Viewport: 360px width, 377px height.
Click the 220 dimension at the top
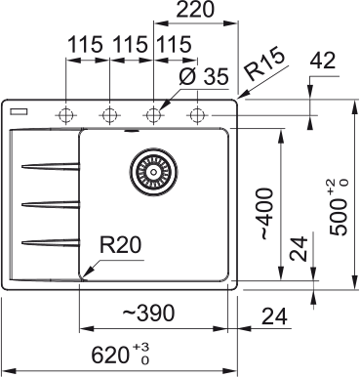[196, 13]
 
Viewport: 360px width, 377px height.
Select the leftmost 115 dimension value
[87, 45]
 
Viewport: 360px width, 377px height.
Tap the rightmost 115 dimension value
[174, 45]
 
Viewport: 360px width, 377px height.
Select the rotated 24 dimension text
[301, 250]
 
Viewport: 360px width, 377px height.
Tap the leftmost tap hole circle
[66, 114]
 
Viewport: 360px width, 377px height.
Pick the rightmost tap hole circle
[197, 114]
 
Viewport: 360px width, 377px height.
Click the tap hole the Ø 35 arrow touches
[153, 114]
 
